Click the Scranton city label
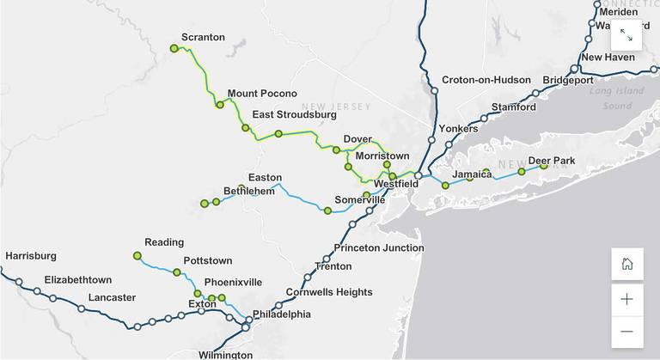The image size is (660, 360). (203, 38)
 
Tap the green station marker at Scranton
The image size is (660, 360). (174, 49)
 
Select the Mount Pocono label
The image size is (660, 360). (262, 94)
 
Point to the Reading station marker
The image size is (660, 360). (137, 255)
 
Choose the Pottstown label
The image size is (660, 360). (208, 261)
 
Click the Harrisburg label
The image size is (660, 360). (31, 256)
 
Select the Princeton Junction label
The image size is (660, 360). (379, 248)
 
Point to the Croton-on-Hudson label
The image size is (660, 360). (486, 80)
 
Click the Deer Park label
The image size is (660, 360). (551, 161)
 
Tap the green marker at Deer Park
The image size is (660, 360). (543, 166)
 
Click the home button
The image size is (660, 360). (626, 264)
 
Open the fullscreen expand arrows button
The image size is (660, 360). (626, 35)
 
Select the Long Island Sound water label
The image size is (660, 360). (611, 99)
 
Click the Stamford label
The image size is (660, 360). (513, 107)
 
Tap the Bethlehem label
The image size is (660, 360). (248, 191)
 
